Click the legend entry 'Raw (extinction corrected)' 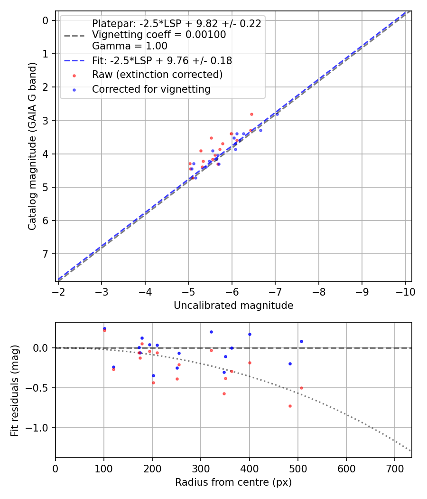tap(157, 75)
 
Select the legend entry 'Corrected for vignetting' tap(151, 89)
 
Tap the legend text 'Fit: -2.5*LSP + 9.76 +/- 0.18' tap(162, 61)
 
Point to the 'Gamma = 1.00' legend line tap(130, 46)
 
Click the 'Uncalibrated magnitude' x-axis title tap(233, 306)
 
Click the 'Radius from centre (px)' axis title tap(233, 482)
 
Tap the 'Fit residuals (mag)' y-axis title tap(15, 390)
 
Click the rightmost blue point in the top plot tap(277, 114)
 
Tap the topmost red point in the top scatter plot tap(251, 114)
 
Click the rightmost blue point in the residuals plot tap(301, 341)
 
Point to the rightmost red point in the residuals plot tap(301, 388)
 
